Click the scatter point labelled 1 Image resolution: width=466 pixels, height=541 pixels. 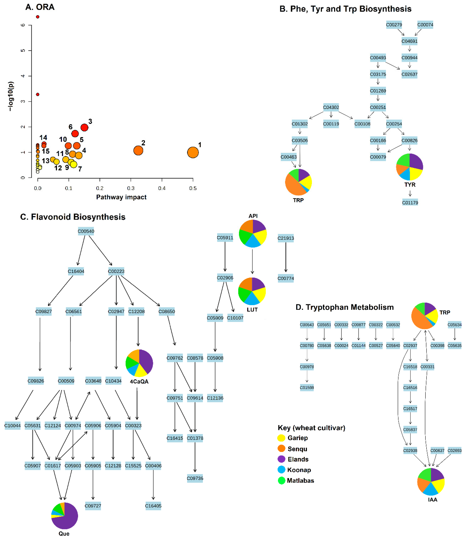tap(193, 153)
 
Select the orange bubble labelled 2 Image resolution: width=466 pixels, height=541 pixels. tap(138, 150)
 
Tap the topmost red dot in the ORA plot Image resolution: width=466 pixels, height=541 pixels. tap(38, 17)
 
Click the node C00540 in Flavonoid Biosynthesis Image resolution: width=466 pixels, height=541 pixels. tap(86, 231)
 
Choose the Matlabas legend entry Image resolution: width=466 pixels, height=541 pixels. tap(300, 481)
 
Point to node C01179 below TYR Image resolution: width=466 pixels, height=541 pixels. tap(410, 203)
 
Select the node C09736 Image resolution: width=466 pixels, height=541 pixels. tap(195, 478)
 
